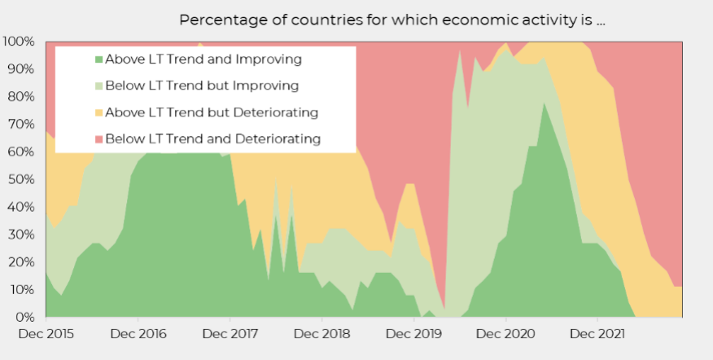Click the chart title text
[x=391, y=20]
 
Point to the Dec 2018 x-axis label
[x=322, y=333]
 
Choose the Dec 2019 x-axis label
[x=414, y=333]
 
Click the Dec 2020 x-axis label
[x=506, y=333]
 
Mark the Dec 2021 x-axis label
[x=597, y=333]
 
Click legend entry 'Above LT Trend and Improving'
[x=203, y=59]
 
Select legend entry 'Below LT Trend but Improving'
[x=202, y=86]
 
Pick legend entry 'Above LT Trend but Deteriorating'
[x=212, y=112]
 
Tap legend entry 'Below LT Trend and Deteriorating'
[x=212, y=139]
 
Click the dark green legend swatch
[x=99, y=59]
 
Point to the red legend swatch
[x=99, y=139]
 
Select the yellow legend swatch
[x=99, y=112]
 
